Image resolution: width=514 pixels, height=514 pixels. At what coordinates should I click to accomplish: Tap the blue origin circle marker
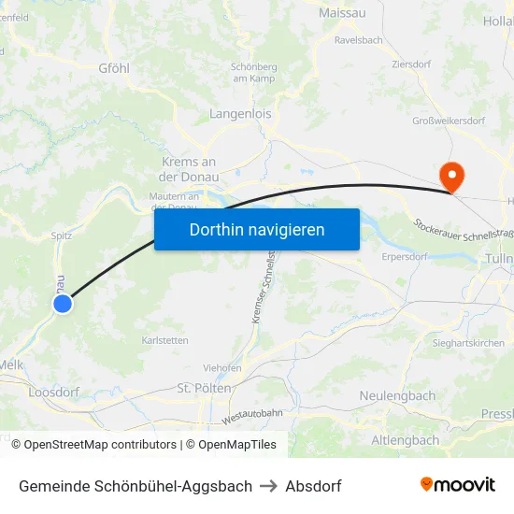[x=63, y=304]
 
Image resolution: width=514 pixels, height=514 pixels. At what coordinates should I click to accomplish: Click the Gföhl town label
[x=114, y=68]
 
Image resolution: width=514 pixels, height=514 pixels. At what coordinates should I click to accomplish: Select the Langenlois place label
[x=241, y=114]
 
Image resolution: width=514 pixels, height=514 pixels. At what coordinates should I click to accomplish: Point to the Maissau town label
[x=342, y=13]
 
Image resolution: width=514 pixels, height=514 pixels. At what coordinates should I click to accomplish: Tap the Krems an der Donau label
[x=189, y=169]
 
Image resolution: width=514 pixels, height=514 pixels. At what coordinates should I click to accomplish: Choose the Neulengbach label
[x=397, y=396]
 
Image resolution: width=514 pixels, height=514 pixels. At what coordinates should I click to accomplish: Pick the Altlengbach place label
[x=405, y=439]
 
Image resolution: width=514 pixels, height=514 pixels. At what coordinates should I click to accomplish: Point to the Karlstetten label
[x=164, y=340]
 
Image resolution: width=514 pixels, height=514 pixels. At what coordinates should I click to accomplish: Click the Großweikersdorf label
[x=449, y=121]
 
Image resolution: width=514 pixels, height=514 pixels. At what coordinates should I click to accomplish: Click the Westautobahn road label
[x=251, y=412]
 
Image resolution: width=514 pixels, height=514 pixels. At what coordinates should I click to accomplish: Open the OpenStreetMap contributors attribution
[x=100, y=445]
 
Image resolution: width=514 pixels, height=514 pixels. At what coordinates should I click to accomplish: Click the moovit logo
[x=457, y=485]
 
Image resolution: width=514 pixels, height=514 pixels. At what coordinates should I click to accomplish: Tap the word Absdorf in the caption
[x=313, y=486]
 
